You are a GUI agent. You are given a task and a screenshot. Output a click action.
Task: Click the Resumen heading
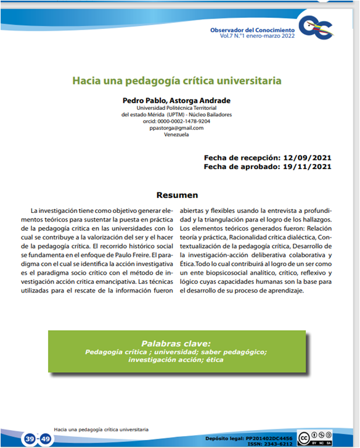(177, 195)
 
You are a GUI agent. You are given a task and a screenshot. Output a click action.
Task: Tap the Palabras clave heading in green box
(176, 343)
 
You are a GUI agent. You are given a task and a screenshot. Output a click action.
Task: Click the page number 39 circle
(30, 439)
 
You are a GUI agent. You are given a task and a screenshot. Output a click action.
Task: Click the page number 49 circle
(46, 439)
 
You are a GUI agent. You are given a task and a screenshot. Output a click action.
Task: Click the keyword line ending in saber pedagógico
(176, 352)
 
